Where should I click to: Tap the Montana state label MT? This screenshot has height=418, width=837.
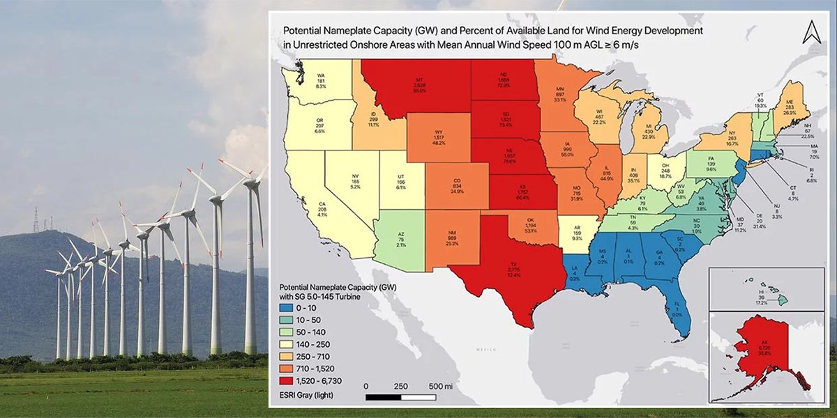pos(421,79)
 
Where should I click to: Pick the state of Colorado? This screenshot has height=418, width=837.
pos(455,183)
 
